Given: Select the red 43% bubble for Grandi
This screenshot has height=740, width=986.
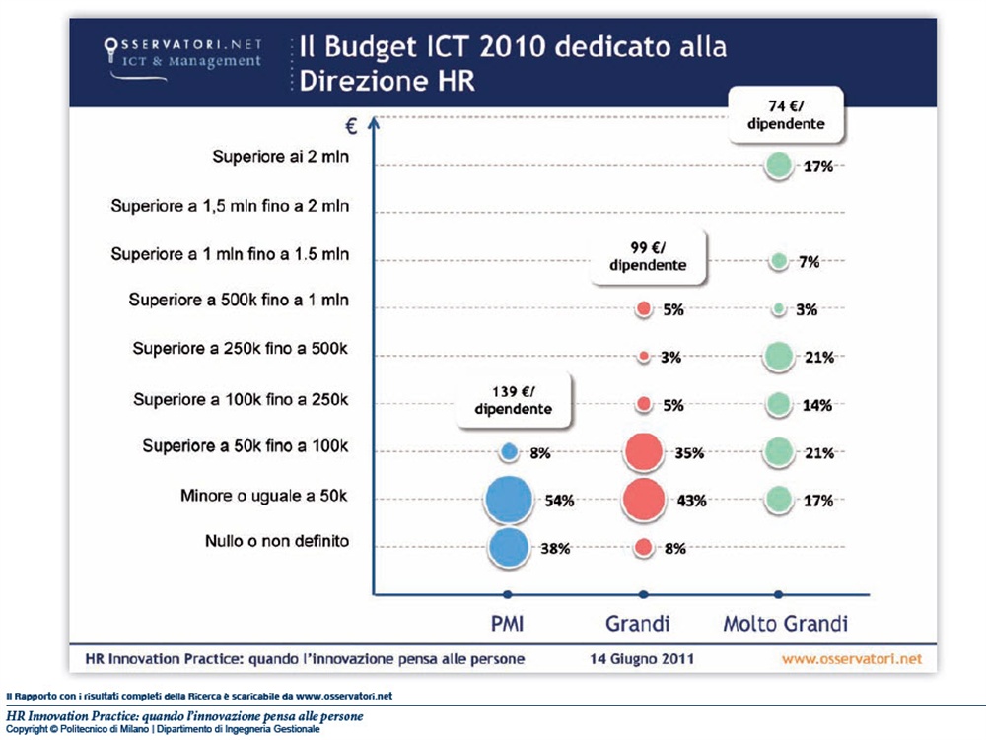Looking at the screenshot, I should point(644,500).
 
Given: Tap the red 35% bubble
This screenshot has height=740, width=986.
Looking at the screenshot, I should point(644,453).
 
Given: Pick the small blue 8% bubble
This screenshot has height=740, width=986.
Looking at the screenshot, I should point(509,452).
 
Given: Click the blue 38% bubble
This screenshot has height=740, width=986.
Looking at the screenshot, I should point(509,548).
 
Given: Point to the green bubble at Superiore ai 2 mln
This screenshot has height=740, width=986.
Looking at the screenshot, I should point(779,167).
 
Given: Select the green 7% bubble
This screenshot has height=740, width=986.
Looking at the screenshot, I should point(779,262).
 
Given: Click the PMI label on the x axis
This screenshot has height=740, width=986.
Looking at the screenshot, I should point(508,624).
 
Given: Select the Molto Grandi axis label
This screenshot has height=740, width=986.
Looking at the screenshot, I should point(786,624).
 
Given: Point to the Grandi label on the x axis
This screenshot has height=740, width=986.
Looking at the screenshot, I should point(638,624).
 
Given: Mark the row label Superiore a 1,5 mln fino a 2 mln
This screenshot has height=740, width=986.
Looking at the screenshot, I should point(230,207).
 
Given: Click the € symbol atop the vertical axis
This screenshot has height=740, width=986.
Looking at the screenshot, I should point(351,125).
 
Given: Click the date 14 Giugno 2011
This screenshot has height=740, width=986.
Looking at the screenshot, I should point(642,657).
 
